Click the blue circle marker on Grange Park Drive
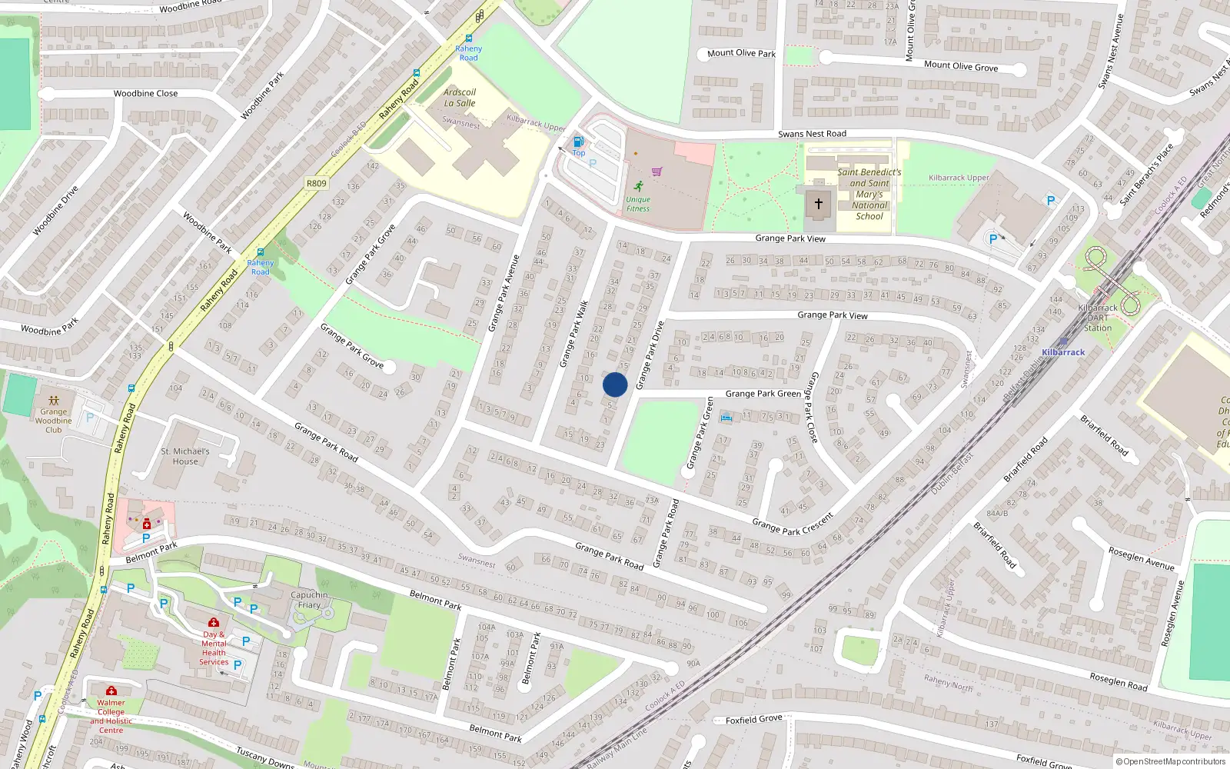(x=615, y=384)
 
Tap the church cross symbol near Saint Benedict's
(x=818, y=204)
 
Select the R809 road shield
(x=316, y=183)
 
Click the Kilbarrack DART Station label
(x=1098, y=318)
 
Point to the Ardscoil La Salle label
(x=460, y=98)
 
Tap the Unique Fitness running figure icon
(x=639, y=186)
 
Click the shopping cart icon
(x=657, y=171)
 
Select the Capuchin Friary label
(x=309, y=600)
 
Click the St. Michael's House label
(x=184, y=457)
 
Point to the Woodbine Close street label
(x=145, y=94)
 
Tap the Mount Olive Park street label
(x=741, y=53)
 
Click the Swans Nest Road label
(x=812, y=134)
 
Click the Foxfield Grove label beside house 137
(x=753, y=720)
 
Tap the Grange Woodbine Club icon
(x=54, y=401)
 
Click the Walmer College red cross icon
(x=111, y=691)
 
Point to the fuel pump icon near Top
(x=579, y=141)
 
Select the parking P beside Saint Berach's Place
(x=1051, y=201)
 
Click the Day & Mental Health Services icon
(x=214, y=622)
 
